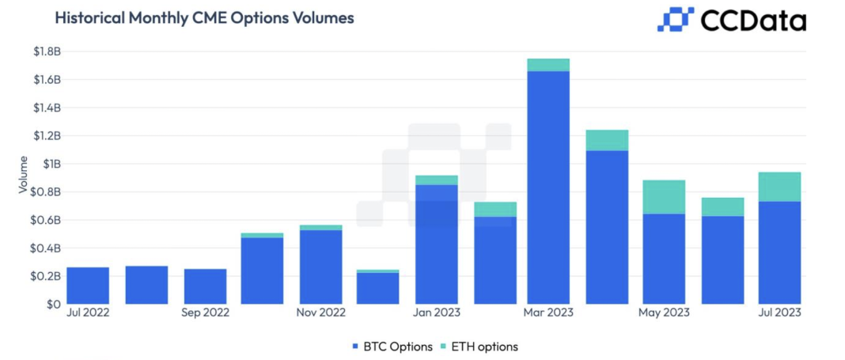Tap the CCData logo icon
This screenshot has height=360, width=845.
click(675, 20)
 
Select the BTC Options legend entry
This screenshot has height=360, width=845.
click(392, 347)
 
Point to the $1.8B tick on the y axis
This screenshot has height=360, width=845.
click(47, 52)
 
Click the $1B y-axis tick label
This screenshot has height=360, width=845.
click(51, 164)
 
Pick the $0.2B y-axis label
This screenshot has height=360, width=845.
click(47, 276)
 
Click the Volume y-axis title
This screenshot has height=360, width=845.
click(23, 178)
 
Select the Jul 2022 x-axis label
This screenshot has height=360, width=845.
click(88, 313)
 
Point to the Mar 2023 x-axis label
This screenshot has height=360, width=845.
click(548, 313)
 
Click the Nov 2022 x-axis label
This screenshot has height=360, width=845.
click(320, 313)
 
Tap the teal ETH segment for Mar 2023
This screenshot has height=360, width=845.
click(548, 65)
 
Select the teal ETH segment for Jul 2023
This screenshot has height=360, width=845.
click(779, 187)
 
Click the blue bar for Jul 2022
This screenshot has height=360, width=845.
click(88, 286)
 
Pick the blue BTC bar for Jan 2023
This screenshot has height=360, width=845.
click(436, 244)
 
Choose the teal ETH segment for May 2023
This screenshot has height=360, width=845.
click(664, 197)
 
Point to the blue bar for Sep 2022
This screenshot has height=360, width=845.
click(205, 286)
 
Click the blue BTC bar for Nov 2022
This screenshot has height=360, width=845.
click(320, 267)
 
